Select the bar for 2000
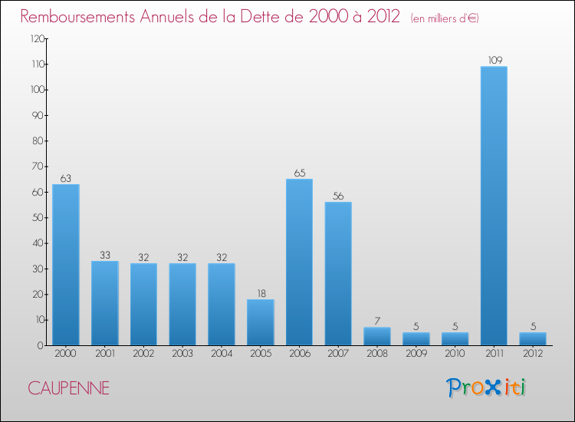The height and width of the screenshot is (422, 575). click(66, 265)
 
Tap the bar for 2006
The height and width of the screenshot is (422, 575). click(299, 262)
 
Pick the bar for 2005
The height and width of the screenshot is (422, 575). click(261, 322)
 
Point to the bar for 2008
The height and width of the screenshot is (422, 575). click(377, 336)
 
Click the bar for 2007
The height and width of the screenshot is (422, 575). click(338, 273)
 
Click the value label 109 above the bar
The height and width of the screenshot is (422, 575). click(494, 60)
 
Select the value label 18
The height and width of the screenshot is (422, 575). click(261, 292)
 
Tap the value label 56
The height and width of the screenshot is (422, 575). click(338, 195)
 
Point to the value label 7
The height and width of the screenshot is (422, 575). click(377, 321)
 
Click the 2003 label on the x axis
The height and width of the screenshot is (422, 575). click(182, 354)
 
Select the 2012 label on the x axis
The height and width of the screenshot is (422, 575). click(533, 354)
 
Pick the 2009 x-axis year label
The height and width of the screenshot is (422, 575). click(416, 354)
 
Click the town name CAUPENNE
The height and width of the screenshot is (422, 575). click(69, 388)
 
